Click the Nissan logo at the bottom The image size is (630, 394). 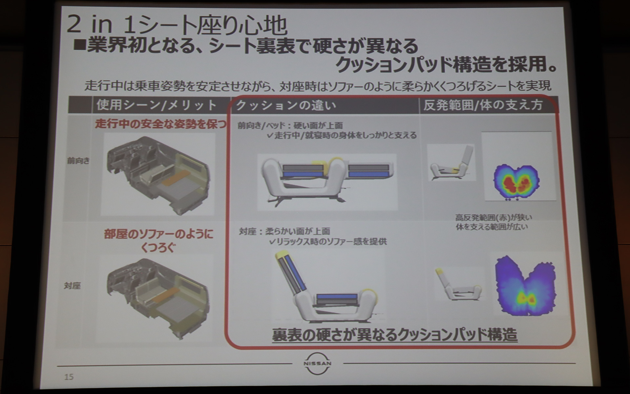tap(317, 363)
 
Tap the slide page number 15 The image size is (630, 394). tap(69, 377)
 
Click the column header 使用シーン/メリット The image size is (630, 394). tap(157, 105)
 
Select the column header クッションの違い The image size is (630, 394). tap(286, 105)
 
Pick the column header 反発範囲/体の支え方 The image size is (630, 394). tap(483, 105)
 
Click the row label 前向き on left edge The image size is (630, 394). tap(78, 161)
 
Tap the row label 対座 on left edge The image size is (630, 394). tap(72, 286)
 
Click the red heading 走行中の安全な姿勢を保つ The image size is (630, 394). tap(161, 124)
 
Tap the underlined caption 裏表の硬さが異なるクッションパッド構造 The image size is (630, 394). tap(394, 335)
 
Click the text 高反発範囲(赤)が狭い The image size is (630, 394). tap(493, 217)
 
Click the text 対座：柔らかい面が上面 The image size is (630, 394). tap(284, 231)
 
